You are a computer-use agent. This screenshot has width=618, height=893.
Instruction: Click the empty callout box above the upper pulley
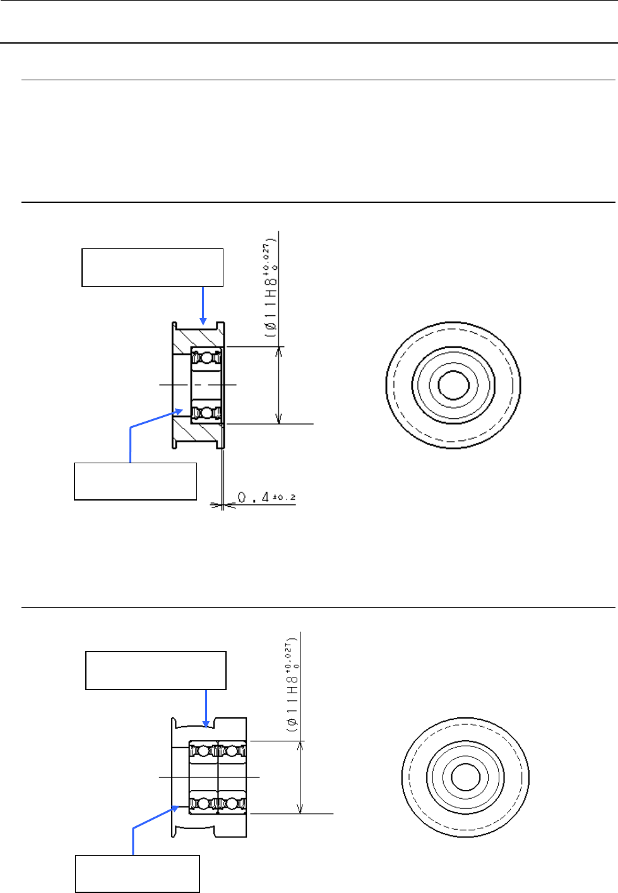(152, 267)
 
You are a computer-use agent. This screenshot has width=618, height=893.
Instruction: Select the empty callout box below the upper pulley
(135, 481)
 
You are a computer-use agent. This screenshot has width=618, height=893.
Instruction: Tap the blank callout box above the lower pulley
(156, 670)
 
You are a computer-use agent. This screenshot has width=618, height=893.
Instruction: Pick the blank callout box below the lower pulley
(138, 873)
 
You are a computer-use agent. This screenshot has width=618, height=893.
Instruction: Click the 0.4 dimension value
(253, 497)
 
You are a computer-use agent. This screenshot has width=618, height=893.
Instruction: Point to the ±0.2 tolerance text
(284, 497)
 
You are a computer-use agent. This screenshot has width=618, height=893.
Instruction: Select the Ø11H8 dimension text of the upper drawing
(271, 288)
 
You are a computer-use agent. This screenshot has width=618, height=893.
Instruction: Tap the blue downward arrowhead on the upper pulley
(203, 321)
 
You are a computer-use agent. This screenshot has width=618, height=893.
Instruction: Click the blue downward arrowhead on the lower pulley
(206, 724)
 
